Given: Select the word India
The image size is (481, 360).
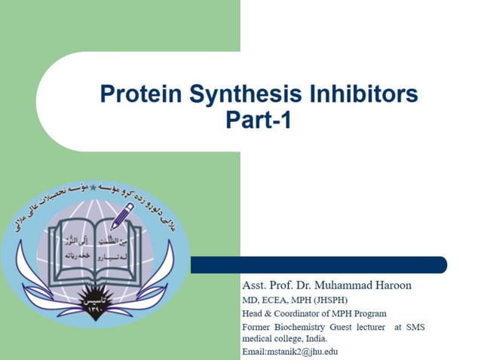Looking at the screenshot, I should click(315, 339).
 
